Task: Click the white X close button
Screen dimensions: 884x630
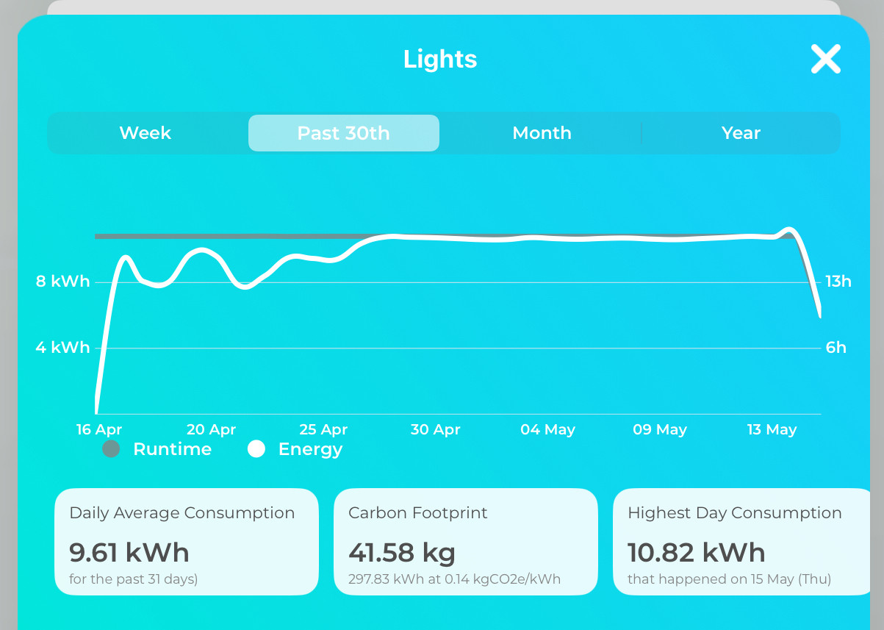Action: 826,59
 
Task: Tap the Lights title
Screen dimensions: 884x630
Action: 440,60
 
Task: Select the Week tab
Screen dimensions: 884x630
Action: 145,132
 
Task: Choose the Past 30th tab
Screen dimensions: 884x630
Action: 344,133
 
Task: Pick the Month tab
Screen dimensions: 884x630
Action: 542,132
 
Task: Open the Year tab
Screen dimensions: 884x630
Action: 741,132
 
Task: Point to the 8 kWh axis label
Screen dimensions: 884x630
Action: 62,281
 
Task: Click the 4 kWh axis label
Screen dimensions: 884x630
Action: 62,348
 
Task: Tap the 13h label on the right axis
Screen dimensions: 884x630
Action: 838,282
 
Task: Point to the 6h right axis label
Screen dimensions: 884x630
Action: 836,348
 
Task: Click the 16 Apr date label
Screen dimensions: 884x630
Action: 99,429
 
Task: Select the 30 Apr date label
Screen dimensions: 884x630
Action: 435,429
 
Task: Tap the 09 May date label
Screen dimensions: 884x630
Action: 660,429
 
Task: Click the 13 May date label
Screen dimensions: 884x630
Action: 772,429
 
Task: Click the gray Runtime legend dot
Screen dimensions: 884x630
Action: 111,449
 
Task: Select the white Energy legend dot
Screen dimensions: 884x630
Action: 256,449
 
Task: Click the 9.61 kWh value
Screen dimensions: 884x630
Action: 129,552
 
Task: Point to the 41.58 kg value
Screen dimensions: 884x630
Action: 402,553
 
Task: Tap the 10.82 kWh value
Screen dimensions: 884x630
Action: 696,552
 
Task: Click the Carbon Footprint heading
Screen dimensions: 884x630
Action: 417,513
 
